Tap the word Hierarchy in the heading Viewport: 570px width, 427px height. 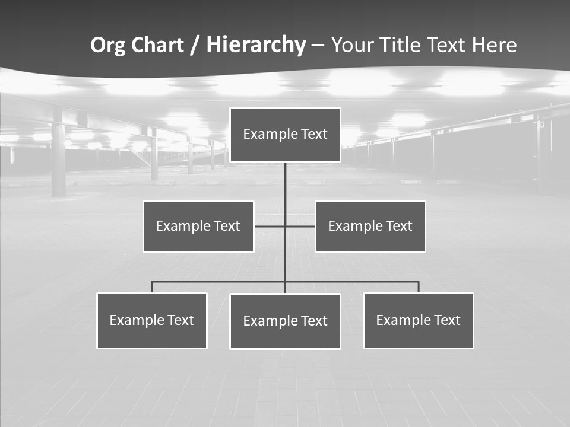(256, 45)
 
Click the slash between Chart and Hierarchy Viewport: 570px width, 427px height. (195, 46)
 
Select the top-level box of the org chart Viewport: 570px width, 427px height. (285, 135)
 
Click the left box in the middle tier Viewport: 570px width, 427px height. (198, 227)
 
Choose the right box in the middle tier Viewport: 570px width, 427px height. (370, 227)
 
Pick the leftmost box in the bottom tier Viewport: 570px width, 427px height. (152, 321)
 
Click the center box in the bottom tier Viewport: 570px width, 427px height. (285, 321)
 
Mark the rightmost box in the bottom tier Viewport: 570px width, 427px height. (419, 321)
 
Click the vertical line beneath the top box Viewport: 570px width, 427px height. (285, 184)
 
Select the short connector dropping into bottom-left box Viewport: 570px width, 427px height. (152, 287)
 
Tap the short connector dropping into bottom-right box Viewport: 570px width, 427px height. (419, 287)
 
